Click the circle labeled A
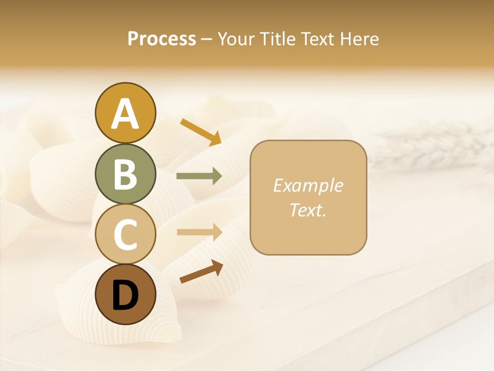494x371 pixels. tap(125, 113)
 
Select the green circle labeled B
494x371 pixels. tap(125, 174)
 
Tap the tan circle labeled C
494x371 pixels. tap(125, 234)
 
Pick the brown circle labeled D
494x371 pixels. tap(125, 294)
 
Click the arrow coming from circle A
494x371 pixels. tap(200, 131)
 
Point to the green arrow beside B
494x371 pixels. tap(199, 176)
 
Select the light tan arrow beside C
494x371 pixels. tap(199, 232)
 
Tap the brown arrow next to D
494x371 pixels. tap(201, 272)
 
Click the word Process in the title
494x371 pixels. tap(162, 39)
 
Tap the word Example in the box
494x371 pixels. tap(308, 186)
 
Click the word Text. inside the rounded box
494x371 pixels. tap(308, 210)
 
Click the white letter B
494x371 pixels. tap(125, 174)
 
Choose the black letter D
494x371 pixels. tap(125, 295)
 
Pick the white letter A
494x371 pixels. tap(125, 113)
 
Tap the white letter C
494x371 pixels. tap(125, 234)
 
